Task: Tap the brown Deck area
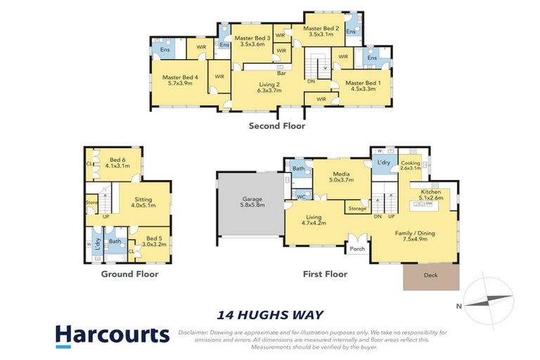430,276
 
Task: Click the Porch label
357,248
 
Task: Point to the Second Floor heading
277,127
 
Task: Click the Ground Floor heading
129,274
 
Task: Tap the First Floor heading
325,274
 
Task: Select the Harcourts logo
112,335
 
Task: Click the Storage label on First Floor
357,209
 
